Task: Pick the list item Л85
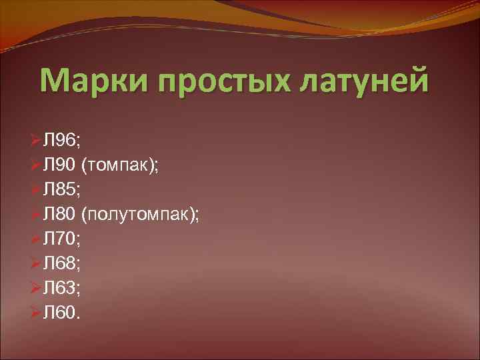click(x=61, y=191)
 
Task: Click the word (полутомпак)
click(x=140, y=215)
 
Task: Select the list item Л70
click(x=61, y=239)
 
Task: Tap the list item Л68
click(x=61, y=264)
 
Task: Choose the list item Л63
click(x=61, y=288)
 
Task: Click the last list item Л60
click(x=61, y=313)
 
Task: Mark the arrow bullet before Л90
click(x=36, y=166)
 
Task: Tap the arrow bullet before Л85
click(x=36, y=191)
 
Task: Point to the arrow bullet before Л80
click(x=36, y=215)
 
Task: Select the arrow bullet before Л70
click(x=36, y=239)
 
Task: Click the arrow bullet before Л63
click(x=36, y=288)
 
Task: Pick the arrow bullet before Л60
click(x=36, y=313)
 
